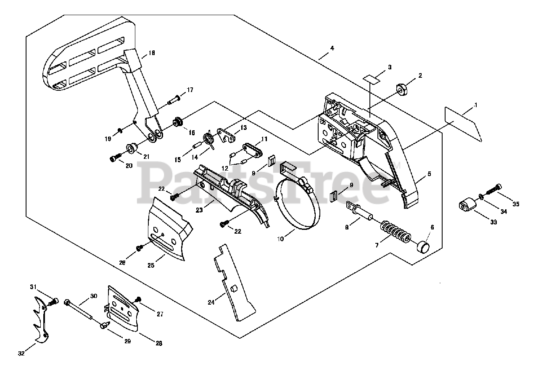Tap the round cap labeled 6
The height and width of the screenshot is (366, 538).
[x=423, y=245]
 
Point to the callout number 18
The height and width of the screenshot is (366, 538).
[x=152, y=53]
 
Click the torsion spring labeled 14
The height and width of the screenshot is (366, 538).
[x=209, y=138]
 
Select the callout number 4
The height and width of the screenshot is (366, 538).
[x=332, y=48]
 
